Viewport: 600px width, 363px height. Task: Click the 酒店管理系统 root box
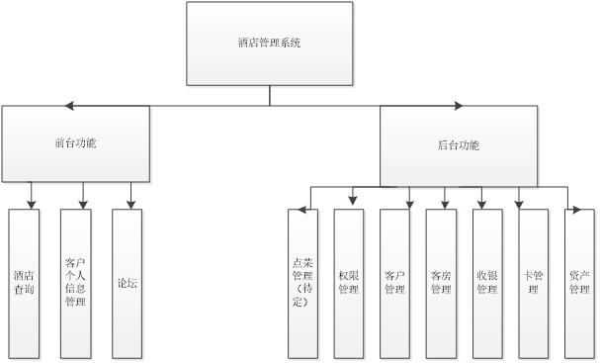pyautogui.click(x=270, y=45)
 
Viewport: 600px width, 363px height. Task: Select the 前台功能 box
pyautogui.click(x=76, y=144)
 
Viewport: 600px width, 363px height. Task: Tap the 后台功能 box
pyautogui.click(x=458, y=145)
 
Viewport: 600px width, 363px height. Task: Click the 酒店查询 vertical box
pyautogui.click(x=25, y=283)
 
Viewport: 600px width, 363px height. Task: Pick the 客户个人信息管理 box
pyautogui.click(x=75, y=283)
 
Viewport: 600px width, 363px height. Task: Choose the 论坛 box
pyautogui.click(x=128, y=283)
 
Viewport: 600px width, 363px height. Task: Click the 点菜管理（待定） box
pyautogui.click(x=302, y=283)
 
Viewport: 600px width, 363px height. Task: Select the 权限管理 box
pyautogui.click(x=348, y=283)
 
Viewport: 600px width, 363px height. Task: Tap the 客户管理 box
pyautogui.click(x=394, y=283)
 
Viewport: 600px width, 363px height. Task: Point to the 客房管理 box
pyautogui.click(x=441, y=283)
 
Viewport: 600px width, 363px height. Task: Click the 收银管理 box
pyautogui.click(x=486, y=283)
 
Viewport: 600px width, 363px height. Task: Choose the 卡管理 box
pyautogui.click(x=532, y=283)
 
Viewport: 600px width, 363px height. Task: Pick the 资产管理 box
pyautogui.click(x=578, y=283)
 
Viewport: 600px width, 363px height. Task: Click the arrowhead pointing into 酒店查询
pyautogui.click(x=32, y=204)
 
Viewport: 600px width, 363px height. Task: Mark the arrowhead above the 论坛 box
pyautogui.click(x=129, y=204)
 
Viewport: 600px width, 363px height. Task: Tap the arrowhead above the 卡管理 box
pyautogui.click(x=520, y=204)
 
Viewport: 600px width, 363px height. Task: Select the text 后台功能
pyautogui.click(x=458, y=145)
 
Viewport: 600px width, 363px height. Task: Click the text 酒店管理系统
pyautogui.click(x=270, y=45)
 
